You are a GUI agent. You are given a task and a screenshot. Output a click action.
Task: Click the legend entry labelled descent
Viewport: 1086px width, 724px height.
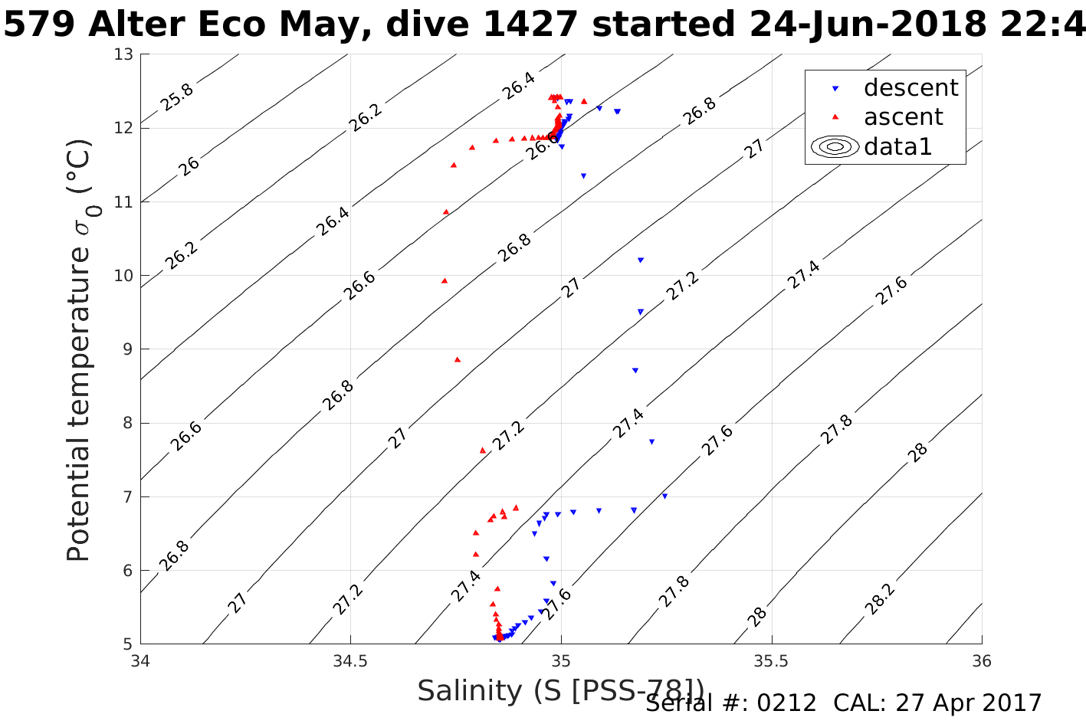[x=910, y=88]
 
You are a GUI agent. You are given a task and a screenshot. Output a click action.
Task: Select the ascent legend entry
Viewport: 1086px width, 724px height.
[x=904, y=117]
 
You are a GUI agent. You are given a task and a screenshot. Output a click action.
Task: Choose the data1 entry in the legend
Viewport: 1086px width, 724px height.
[x=897, y=146]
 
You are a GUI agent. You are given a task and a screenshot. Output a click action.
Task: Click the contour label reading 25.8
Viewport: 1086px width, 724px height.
[x=177, y=97]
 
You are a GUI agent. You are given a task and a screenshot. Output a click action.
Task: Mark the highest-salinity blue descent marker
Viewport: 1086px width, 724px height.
[x=664, y=496]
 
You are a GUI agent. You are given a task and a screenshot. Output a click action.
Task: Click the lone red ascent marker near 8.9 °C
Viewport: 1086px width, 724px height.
[x=458, y=359]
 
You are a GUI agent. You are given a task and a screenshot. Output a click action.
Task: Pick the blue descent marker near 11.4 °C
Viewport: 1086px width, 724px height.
[x=583, y=176]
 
